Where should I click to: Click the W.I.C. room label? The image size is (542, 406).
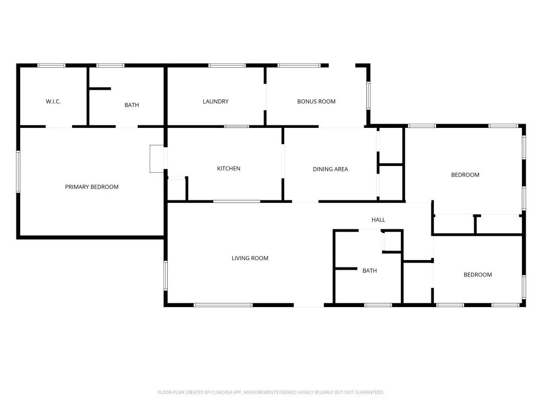point(53,101)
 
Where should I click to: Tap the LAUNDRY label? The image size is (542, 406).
point(216,101)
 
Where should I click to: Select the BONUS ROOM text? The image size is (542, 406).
point(317,101)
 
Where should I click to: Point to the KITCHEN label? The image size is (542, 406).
point(229,169)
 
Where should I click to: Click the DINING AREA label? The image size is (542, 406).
point(330,169)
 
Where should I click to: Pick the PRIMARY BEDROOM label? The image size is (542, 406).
point(92,187)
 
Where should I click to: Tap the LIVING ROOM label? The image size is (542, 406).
point(250,258)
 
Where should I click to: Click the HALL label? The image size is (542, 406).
point(378,219)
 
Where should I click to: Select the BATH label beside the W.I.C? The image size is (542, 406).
point(132,105)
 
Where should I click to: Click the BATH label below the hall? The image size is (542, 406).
point(369,271)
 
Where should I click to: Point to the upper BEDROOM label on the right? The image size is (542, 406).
point(465,175)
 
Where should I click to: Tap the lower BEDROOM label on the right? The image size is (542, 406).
point(478,275)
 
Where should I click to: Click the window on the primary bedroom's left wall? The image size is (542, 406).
point(19,172)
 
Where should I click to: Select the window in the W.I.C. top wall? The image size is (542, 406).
point(51,65)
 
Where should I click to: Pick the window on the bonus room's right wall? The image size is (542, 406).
point(368,96)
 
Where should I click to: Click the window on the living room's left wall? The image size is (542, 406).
point(166,275)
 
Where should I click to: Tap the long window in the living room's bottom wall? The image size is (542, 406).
point(223,305)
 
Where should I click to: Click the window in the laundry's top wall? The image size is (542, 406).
point(227,65)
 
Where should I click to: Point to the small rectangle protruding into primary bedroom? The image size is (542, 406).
point(157,159)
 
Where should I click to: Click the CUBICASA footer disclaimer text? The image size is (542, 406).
point(271,392)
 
